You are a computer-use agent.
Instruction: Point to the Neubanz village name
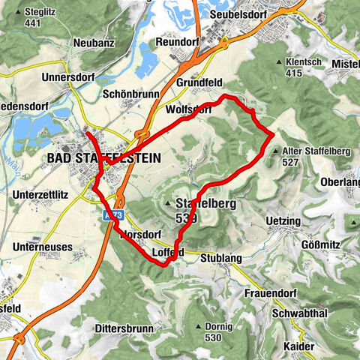click(94, 43)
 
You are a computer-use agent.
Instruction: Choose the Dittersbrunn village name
click(124, 328)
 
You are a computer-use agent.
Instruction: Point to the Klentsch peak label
click(305, 64)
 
